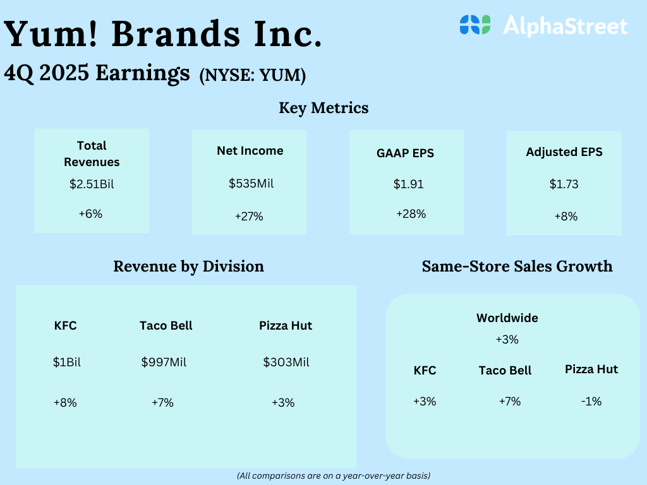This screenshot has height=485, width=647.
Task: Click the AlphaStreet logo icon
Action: [x=475, y=25]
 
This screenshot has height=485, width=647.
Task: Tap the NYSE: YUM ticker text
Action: [x=253, y=76]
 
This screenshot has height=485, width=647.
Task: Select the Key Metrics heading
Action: [x=323, y=108]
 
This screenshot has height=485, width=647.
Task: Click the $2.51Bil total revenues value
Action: [x=92, y=184]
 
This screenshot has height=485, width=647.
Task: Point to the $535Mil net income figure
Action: [x=251, y=184]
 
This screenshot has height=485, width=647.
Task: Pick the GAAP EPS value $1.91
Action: [x=409, y=184]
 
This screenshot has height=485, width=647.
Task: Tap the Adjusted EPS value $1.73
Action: [x=564, y=184]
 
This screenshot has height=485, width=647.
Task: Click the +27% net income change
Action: [x=249, y=217]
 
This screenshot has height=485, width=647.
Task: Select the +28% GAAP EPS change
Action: [x=411, y=214]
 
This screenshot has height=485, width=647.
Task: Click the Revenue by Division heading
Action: [x=188, y=267]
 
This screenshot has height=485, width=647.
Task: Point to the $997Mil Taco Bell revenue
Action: [x=164, y=362]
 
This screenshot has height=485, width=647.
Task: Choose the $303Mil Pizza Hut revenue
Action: [x=286, y=362]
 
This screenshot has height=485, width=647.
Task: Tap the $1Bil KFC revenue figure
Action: [x=67, y=362]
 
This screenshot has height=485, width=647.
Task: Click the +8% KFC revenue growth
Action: [x=65, y=402]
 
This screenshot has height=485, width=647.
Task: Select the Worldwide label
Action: [x=507, y=318]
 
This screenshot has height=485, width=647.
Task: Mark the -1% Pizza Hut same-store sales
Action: [x=591, y=401]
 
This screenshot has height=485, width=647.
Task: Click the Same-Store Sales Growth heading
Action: [x=517, y=266]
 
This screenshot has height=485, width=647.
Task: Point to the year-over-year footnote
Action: [x=334, y=476]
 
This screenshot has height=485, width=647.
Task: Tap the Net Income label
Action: [x=250, y=151]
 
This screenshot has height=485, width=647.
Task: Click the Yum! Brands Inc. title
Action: [x=162, y=34]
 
